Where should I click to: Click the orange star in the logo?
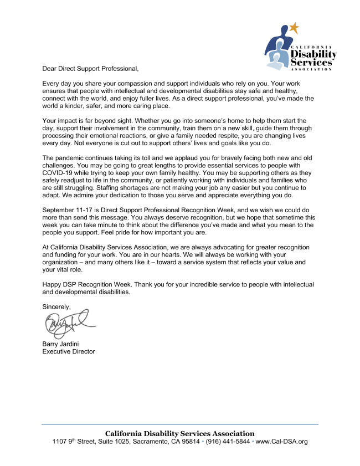(294, 28)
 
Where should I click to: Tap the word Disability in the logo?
(314, 54)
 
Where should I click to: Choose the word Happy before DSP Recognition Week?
(53, 284)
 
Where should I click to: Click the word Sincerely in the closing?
(57, 306)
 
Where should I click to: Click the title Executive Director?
(69, 351)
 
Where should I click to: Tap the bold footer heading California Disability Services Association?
(180, 433)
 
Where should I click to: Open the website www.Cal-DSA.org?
(282, 442)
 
